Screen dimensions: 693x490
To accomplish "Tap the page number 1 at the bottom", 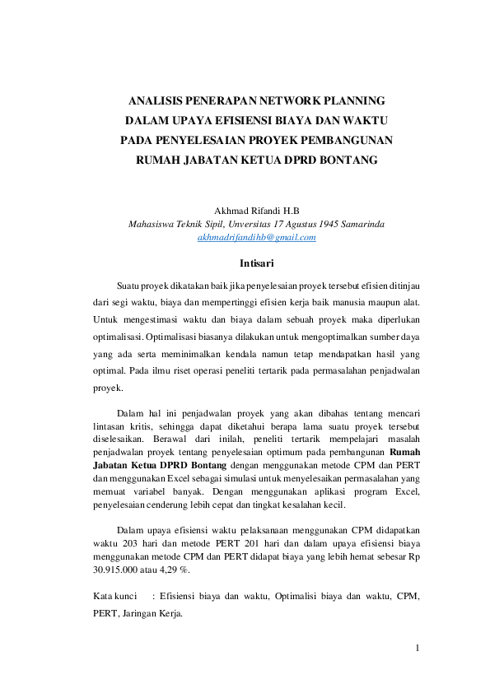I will pyautogui.click(x=418, y=648).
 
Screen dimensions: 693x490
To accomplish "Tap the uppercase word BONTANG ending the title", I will pyautogui.click(x=341, y=160).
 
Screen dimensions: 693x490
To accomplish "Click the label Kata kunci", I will pyautogui.click(x=114, y=595).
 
